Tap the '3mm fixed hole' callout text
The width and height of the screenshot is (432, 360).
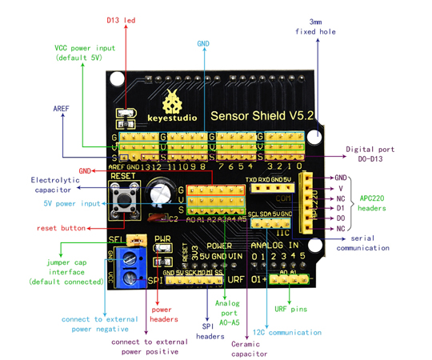coord(321,26)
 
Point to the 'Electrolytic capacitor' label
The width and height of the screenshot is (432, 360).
coord(57,185)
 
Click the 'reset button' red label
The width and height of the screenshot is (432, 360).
coord(61,228)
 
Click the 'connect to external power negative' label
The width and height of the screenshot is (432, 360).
coord(94,324)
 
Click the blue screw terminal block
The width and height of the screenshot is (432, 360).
coord(123,268)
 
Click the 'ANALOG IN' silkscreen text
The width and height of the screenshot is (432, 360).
coord(274,245)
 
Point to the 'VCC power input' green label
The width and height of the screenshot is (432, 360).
coord(85,53)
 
